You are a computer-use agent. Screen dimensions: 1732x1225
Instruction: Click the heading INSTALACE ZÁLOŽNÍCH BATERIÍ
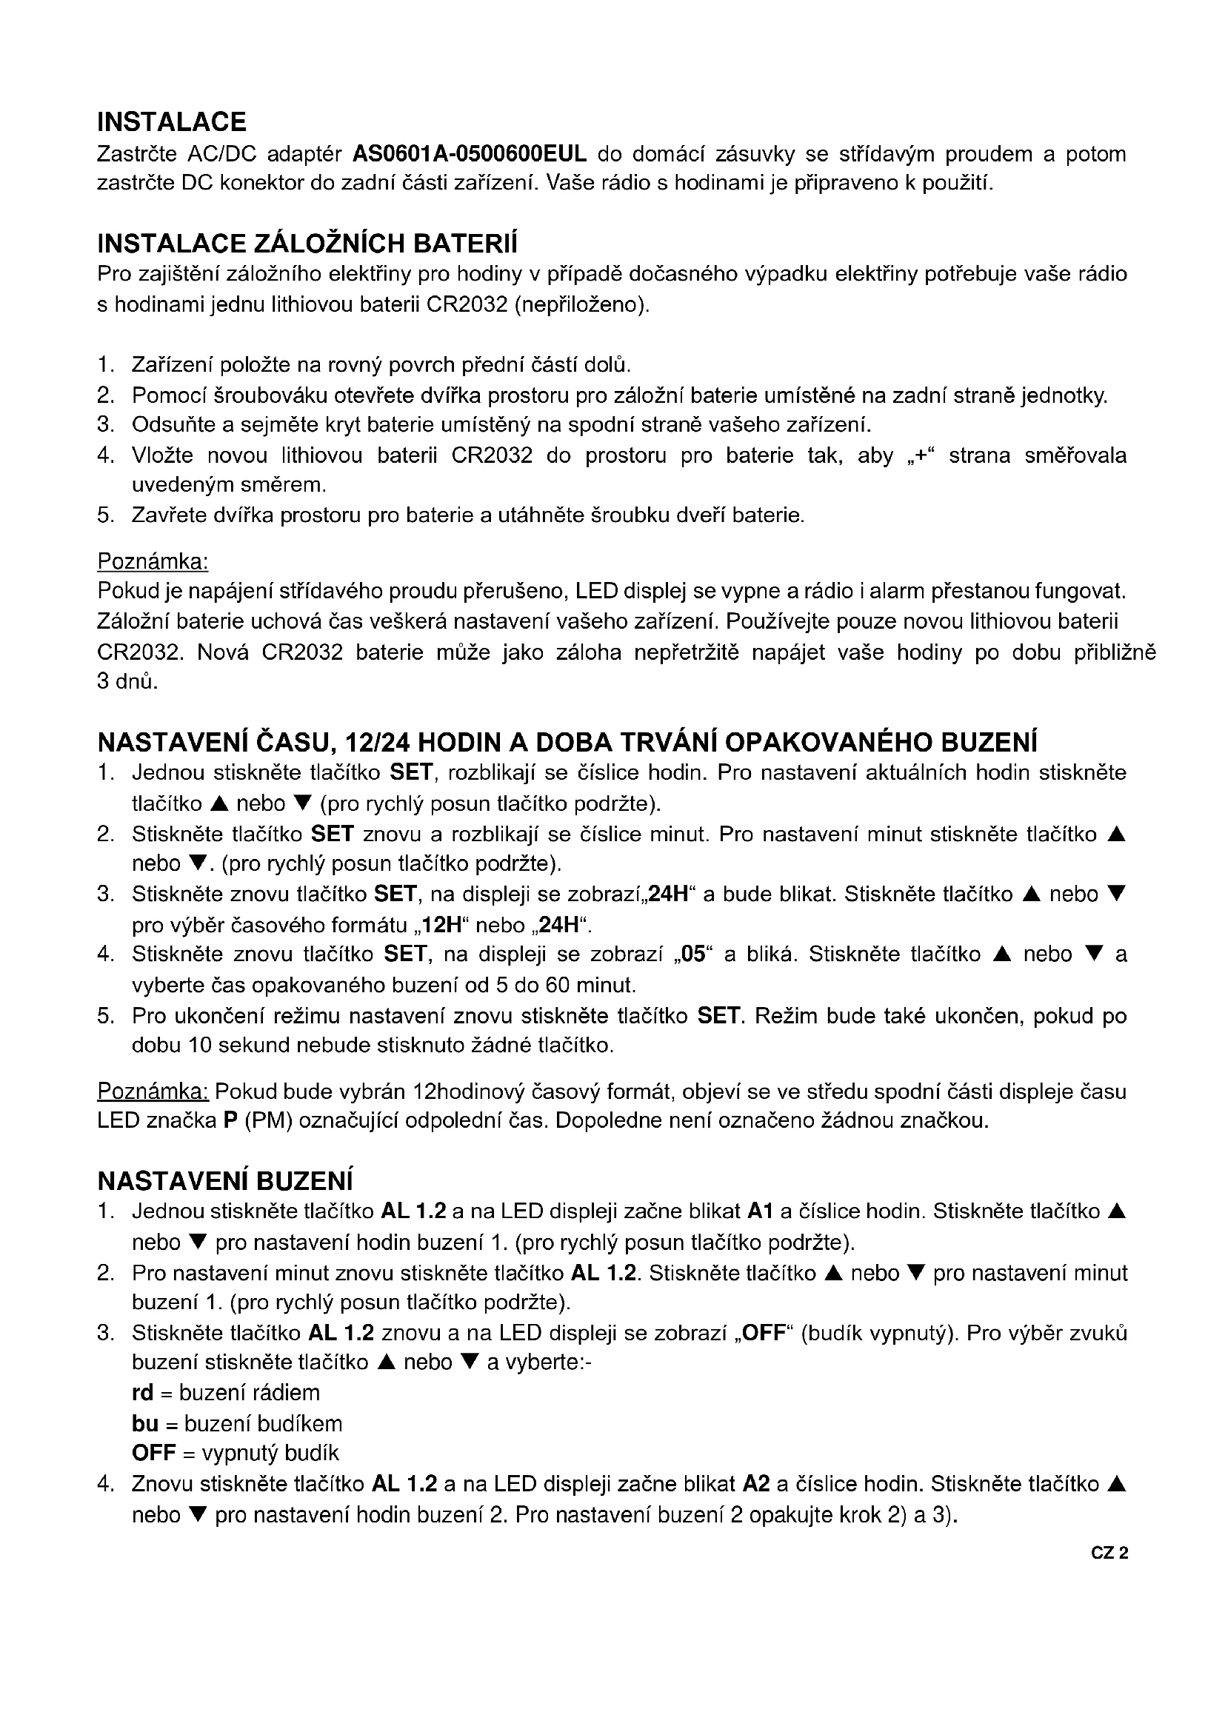coord(307,244)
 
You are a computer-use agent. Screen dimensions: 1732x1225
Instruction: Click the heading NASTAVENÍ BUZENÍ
coord(225,1180)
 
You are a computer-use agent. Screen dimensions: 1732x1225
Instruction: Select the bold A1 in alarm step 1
coord(760,1211)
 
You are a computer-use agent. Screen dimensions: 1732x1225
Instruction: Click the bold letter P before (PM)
coord(231,1121)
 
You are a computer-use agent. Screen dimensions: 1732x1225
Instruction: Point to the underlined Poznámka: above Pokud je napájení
coord(153,561)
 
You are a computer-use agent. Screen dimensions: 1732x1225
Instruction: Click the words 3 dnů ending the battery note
coord(127,682)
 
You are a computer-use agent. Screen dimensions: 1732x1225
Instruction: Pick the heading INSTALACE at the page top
coord(171,122)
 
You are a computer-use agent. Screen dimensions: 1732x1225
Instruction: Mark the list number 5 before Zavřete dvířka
coord(105,516)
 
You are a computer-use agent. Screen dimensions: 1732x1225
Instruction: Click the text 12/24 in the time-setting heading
coord(376,743)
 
